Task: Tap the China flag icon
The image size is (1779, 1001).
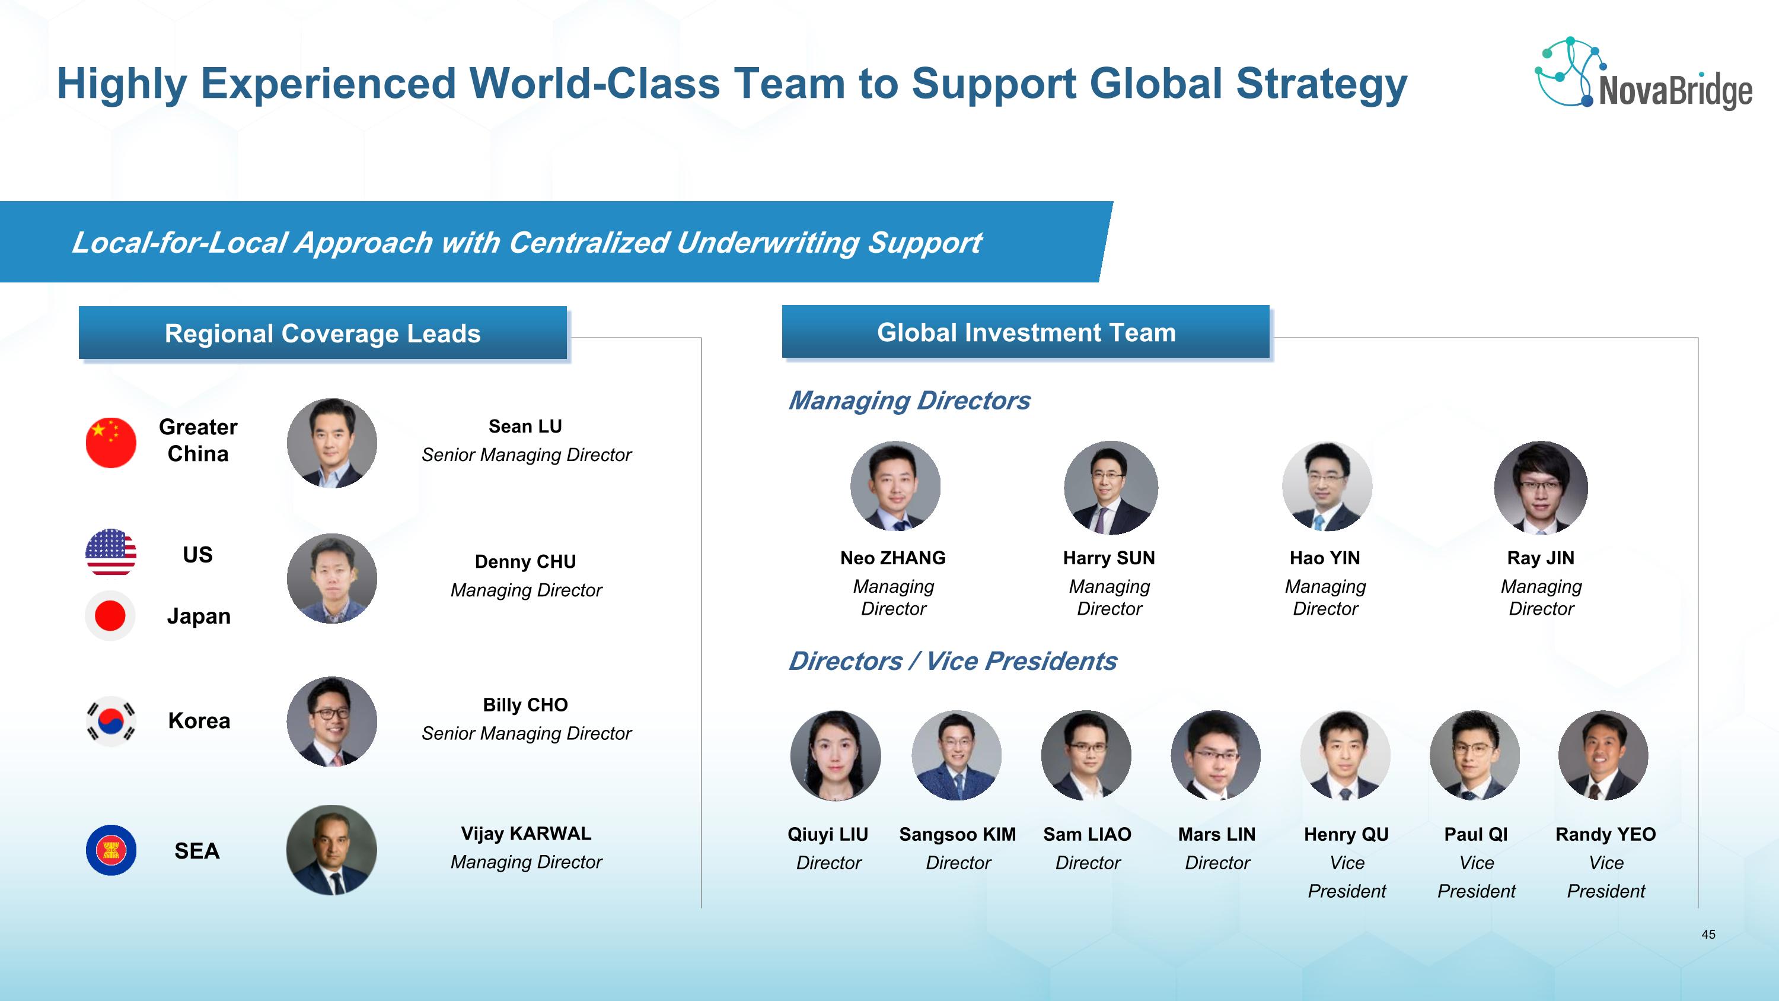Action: [110, 442]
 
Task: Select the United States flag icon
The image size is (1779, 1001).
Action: [110, 552]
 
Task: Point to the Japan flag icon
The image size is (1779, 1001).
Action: [110, 615]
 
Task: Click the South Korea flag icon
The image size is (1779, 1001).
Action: [110, 721]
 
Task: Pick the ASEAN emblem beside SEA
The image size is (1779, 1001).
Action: [110, 850]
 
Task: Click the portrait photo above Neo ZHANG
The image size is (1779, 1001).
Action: [895, 485]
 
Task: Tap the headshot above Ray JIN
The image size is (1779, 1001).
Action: [1541, 487]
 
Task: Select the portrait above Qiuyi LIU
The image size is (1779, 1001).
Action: [836, 755]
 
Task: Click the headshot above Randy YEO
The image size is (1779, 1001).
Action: [1603, 755]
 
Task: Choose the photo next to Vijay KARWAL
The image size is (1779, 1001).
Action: [332, 850]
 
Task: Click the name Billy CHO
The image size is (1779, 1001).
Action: [525, 705]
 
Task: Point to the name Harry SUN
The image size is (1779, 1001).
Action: [1109, 558]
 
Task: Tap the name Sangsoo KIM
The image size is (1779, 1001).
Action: [957, 834]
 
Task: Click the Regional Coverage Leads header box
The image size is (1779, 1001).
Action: [323, 333]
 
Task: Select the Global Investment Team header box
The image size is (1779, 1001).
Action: [1025, 332]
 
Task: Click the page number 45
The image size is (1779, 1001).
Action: [1708, 934]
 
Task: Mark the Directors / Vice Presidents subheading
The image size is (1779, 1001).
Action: [952, 661]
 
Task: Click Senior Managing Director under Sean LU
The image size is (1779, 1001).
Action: [526, 455]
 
